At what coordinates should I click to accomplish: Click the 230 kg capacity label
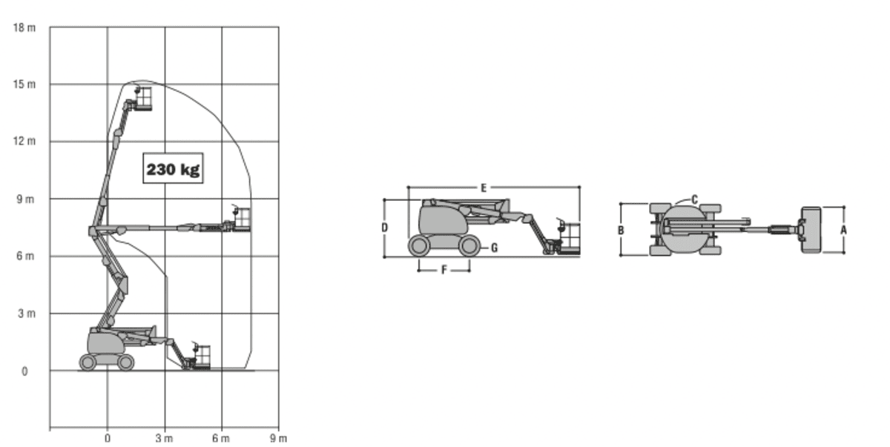[173, 169]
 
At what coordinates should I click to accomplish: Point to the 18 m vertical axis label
[24, 27]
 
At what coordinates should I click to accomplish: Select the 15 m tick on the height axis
[24, 85]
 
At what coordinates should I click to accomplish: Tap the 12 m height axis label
[24, 141]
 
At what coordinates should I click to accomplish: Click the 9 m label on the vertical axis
[25, 199]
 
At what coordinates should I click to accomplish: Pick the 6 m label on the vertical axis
[25, 256]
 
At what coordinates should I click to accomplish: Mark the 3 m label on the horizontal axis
[164, 438]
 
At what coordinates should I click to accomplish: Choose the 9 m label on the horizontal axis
[278, 438]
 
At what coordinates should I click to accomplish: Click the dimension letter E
[484, 188]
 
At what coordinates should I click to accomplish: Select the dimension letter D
[385, 228]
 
